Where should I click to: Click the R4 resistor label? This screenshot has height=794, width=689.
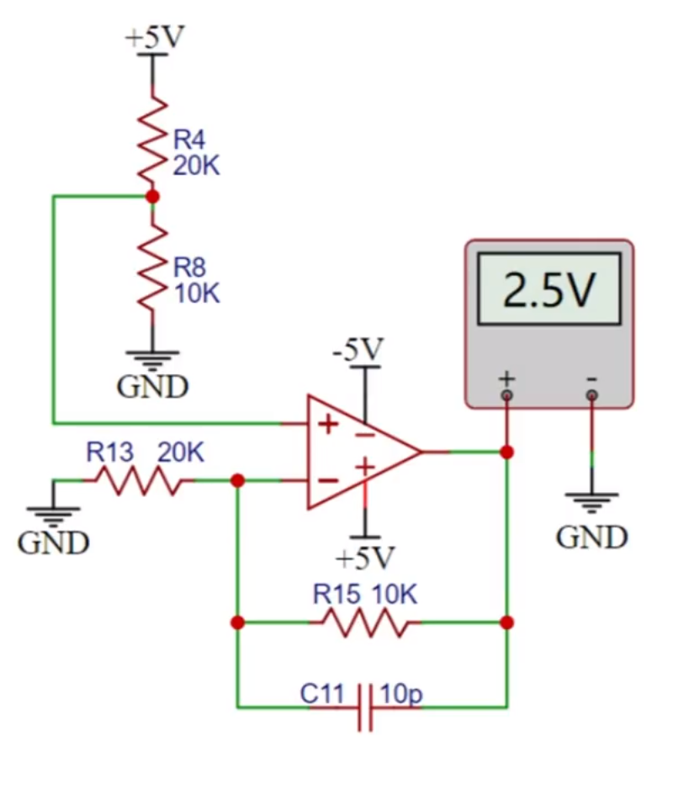coord(189,140)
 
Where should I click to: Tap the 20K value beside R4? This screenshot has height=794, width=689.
coord(197,165)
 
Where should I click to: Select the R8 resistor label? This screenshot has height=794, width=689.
coord(189,267)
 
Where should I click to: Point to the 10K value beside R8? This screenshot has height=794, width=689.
coord(197,294)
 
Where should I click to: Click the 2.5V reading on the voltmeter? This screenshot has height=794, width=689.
coord(549,289)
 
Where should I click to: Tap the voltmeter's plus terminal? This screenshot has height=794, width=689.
coord(506,395)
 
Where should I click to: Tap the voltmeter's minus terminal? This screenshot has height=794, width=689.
coord(591,395)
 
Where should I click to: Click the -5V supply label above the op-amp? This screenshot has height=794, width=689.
coord(358,349)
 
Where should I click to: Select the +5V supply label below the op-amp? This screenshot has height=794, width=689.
coord(365,558)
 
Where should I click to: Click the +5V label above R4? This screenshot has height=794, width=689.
coord(155,37)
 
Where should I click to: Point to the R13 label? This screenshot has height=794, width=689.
coord(110,453)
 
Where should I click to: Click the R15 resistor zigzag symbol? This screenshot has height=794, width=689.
coord(365,622)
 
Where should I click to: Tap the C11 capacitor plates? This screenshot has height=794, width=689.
coord(365,707)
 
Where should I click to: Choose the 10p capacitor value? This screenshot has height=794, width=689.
coord(401,694)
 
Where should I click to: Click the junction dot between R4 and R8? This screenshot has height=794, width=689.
coord(152,197)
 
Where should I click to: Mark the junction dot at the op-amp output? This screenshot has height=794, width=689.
coord(506,452)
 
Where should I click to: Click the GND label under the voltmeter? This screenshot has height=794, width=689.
coord(591,537)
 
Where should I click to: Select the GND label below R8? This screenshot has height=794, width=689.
coord(152,387)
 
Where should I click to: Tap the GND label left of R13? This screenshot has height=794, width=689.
coord(53,543)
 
